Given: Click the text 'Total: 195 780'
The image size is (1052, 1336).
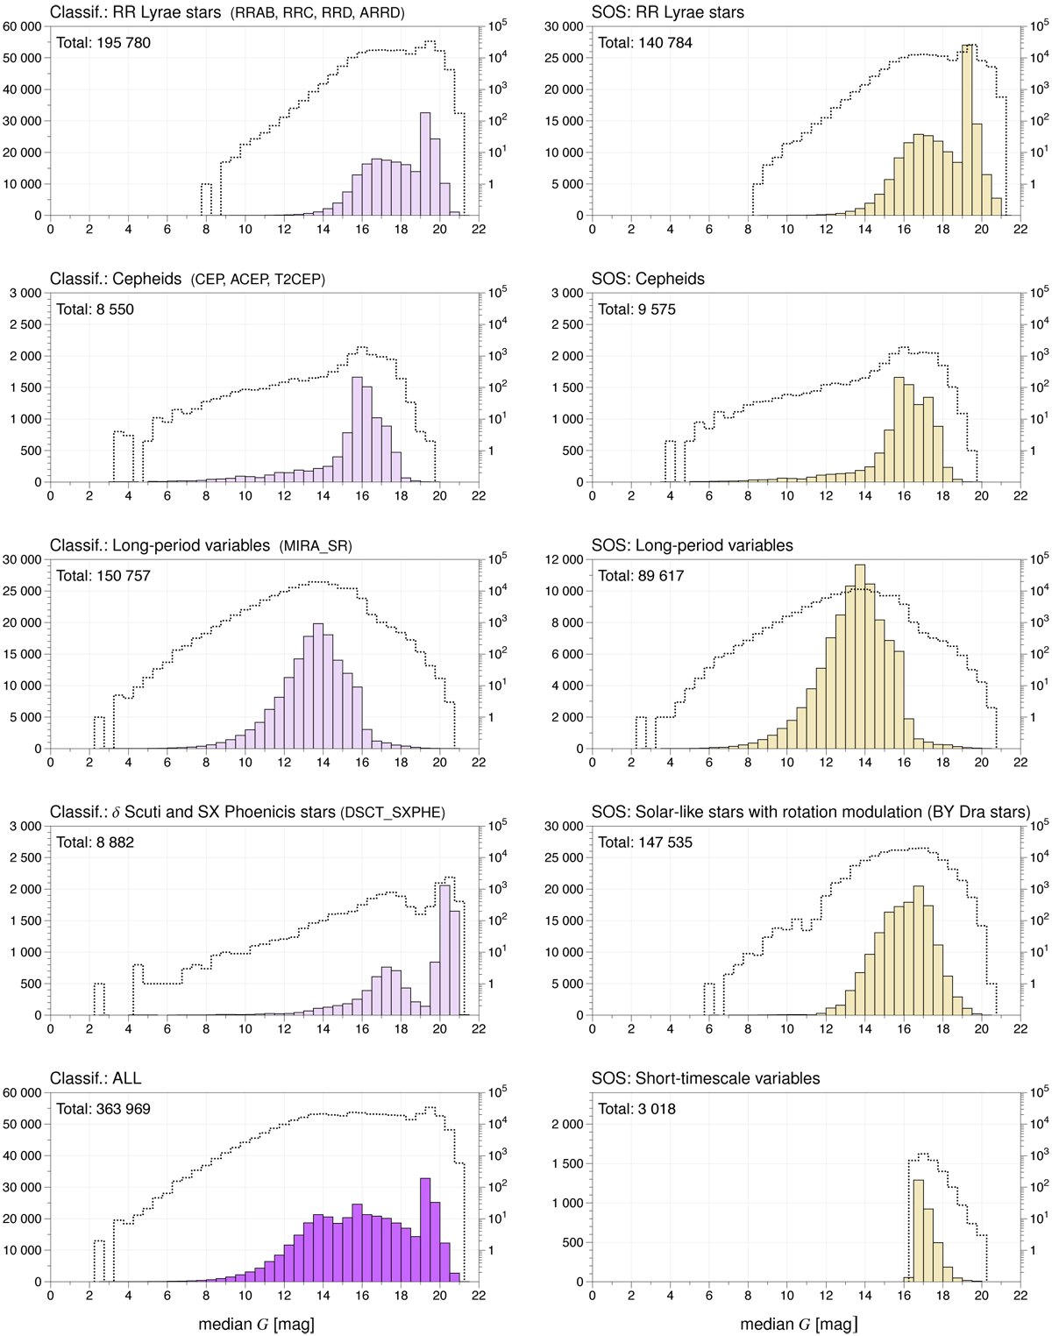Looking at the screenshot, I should tap(103, 43).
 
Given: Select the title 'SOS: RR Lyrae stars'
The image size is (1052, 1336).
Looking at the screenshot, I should tap(667, 12).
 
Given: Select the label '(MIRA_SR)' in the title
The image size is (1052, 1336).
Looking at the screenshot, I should tap(316, 546).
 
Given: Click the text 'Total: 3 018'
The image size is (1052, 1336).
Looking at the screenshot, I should tap(636, 1109).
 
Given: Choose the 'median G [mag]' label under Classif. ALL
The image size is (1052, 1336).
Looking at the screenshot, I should tap(256, 1324).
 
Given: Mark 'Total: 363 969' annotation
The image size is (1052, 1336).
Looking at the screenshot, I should tap(103, 1109).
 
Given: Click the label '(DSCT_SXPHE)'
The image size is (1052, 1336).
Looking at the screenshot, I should tap(393, 813).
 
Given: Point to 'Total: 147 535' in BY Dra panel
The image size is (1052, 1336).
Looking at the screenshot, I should tap(645, 842).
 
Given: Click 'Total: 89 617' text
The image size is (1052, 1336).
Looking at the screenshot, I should tap(641, 576).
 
